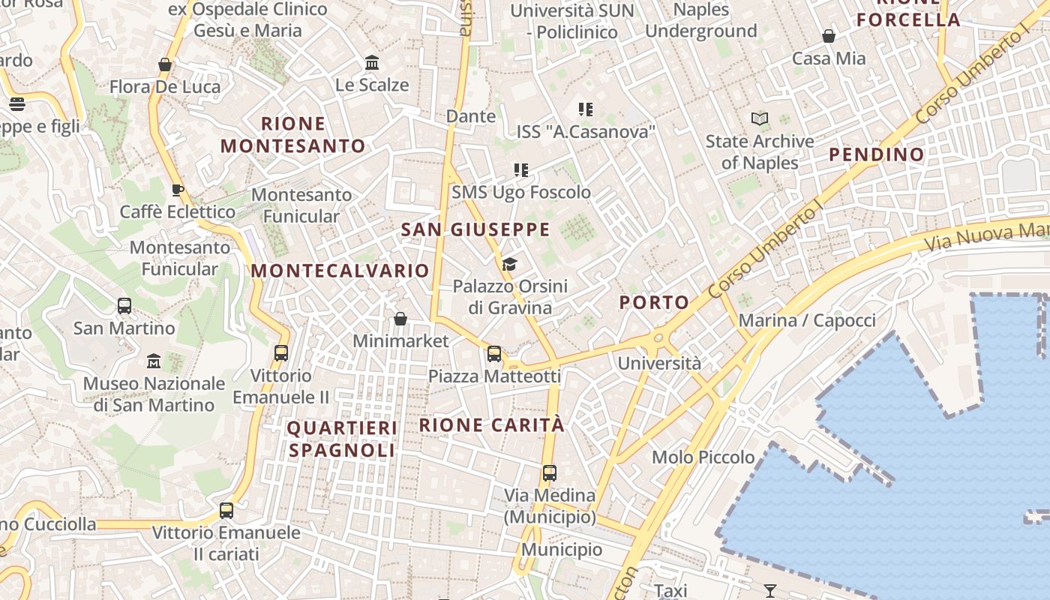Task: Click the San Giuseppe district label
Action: (x=475, y=230)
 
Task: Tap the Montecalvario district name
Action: (x=340, y=271)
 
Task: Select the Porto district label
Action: (x=654, y=303)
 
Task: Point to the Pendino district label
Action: (x=876, y=155)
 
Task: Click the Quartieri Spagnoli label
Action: (x=342, y=439)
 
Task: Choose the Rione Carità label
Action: (x=491, y=425)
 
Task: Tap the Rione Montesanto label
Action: (x=293, y=135)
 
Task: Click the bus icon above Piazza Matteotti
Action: (x=493, y=353)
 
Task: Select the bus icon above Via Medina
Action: (x=550, y=473)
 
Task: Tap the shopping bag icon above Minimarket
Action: (x=400, y=319)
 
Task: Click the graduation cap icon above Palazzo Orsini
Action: (x=510, y=264)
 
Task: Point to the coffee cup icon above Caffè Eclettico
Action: (x=177, y=190)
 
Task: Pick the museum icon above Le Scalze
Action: (x=372, y=63)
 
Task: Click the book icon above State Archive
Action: (x=760, y=118)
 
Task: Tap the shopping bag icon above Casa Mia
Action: (x=829, y=36)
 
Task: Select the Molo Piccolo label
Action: (x=703, y=457)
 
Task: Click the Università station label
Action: (x=659, y=364)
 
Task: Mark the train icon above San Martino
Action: (x=124, y=306)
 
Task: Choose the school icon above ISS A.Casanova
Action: (x=586, y=109)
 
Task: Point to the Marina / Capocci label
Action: (x=807, y=321)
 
